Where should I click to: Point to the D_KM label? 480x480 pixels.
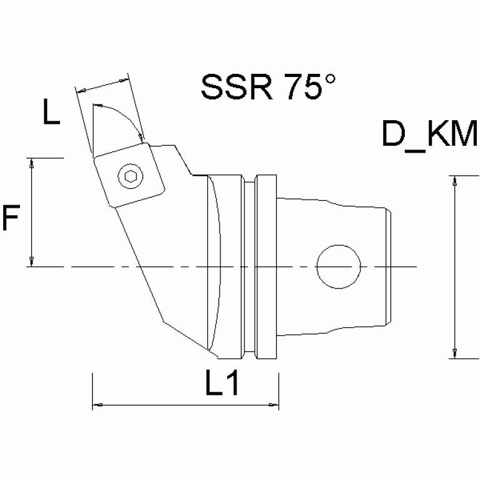pos(430,136)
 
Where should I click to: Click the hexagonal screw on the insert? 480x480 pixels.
pos(130,177)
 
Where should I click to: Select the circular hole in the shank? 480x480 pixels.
pos(339,267)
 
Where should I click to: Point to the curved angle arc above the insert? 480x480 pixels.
pos(119,113)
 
